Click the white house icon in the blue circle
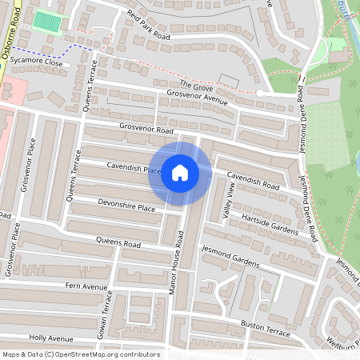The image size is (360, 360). [179, 173]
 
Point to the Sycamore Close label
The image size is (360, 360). [42, 62]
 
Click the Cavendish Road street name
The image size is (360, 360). [252, 180]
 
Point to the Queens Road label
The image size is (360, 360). [118, 242]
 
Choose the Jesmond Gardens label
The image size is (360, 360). [230, 258]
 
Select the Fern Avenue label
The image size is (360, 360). [86, 286]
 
